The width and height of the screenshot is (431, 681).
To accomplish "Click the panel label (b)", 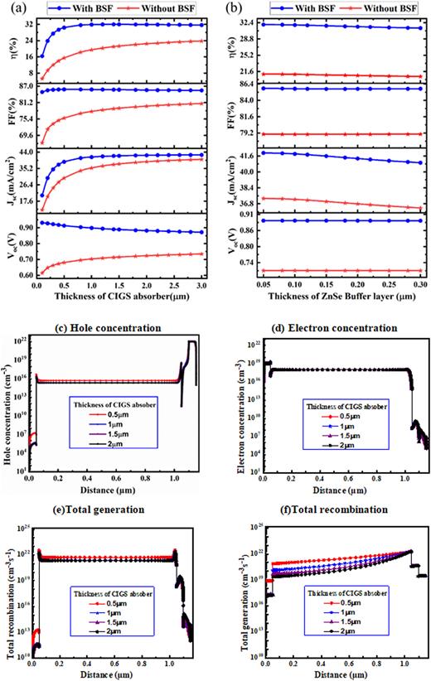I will coord(225,7).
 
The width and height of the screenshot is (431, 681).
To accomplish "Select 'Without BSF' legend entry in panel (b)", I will coord(377,7).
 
